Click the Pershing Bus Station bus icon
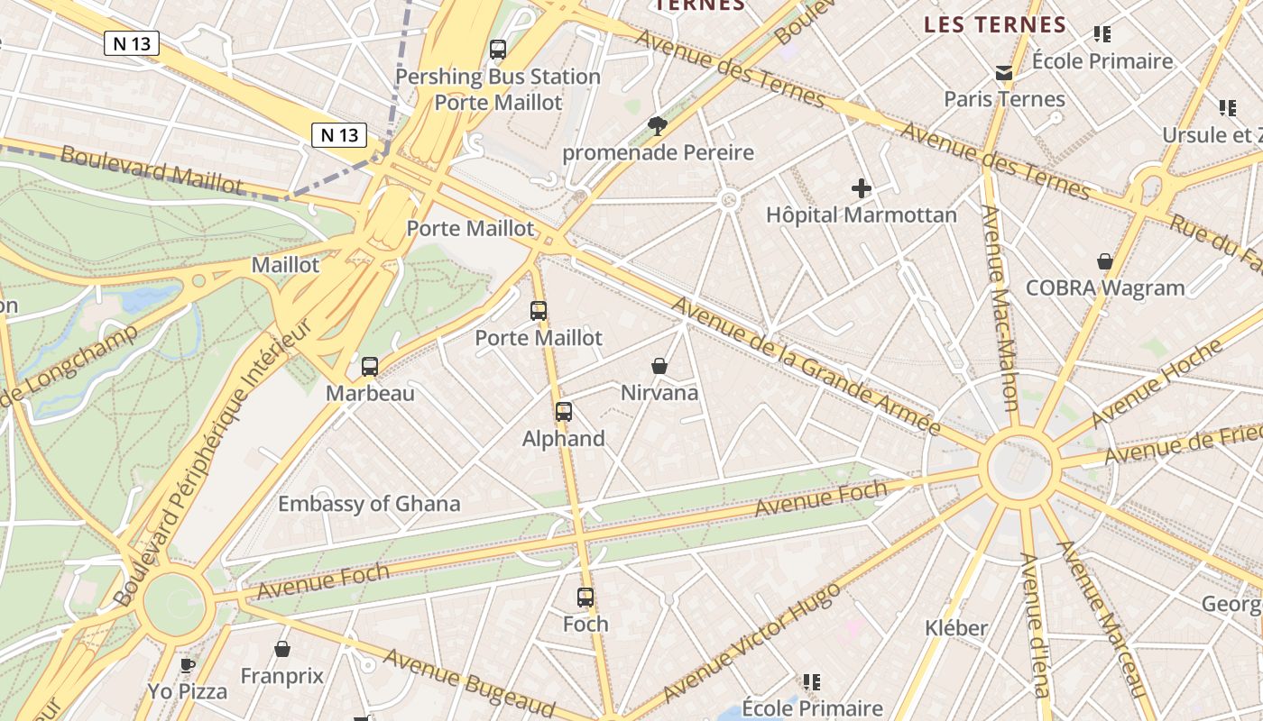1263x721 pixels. pos(498,50)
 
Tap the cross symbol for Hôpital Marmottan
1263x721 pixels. pos(862,188)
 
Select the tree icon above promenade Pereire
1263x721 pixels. pos(658,125)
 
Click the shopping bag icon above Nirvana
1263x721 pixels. pos(659,366)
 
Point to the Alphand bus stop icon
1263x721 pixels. pos(564,412)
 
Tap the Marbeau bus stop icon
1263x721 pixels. pos(370,367)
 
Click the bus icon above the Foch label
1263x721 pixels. pos(585,597)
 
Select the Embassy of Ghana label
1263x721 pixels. pos(369,504)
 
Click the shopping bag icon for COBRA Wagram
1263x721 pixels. pos(1105,261)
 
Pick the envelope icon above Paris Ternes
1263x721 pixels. pos(1004,73)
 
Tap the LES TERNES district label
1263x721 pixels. pos(995,25)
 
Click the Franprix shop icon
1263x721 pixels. pos(282,649)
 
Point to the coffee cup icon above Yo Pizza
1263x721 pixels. pos(188,665)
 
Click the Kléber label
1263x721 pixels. pos(956,627)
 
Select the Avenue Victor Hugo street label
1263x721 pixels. pos(751,643)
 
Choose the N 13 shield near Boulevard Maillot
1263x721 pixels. pos(340,135)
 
